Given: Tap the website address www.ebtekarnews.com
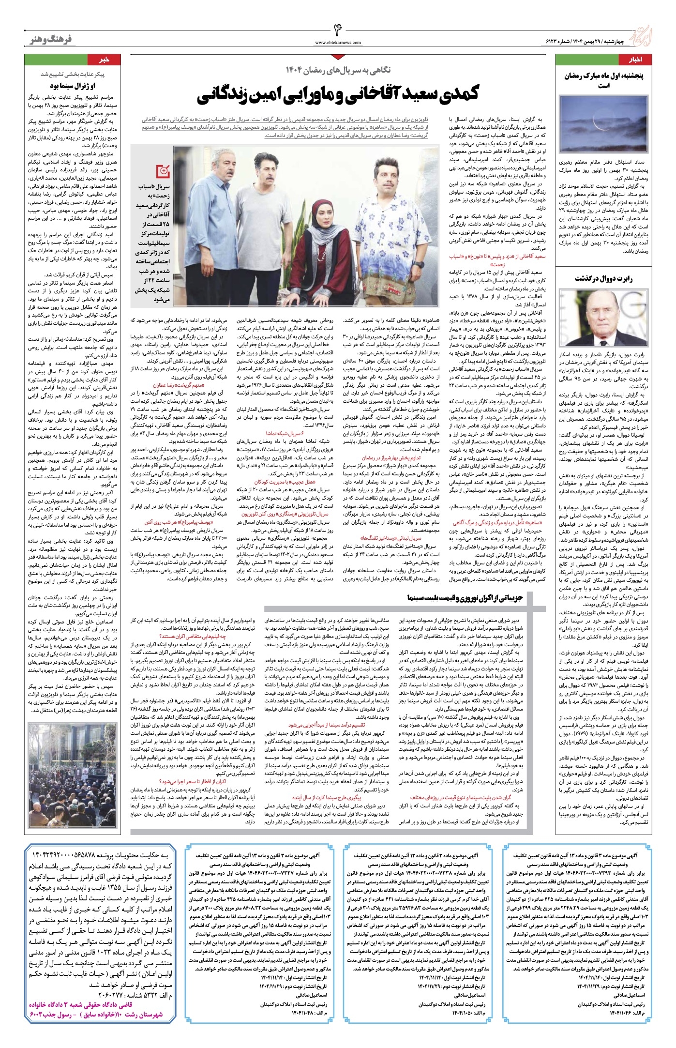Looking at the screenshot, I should point(338,43).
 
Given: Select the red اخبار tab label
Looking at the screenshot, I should point(635,61).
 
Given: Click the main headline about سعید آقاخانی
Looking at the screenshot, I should point(337,94).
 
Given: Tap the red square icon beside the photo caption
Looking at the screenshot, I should point(163,171).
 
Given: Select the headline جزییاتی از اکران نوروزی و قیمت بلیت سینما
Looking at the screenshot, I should point(465,598).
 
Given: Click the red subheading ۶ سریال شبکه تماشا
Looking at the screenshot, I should point(282,434).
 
